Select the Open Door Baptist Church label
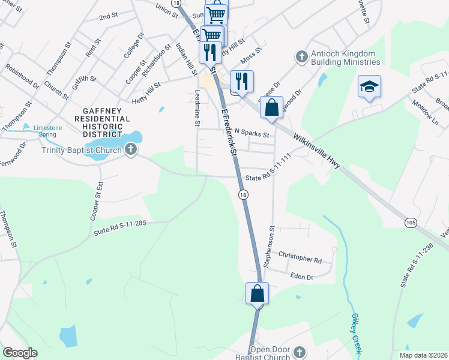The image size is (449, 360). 270,354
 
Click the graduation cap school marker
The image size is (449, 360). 369,87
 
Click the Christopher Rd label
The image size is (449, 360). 300,259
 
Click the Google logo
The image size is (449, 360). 20,353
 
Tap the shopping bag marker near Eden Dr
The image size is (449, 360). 257,294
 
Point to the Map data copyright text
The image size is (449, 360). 423,355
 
